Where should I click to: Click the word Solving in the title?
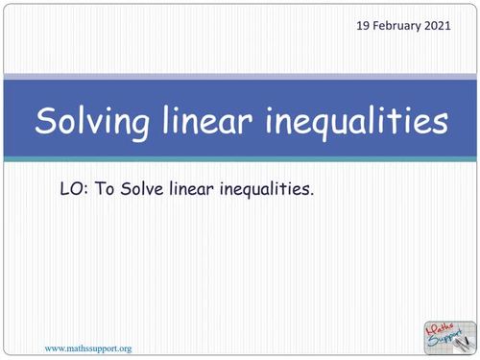pos(93,122)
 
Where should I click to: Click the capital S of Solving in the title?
pos(45,122)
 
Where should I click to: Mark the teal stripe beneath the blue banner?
pos(240,158)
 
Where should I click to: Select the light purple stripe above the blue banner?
pos(240,76)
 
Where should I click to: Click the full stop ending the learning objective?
pos(312,195)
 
